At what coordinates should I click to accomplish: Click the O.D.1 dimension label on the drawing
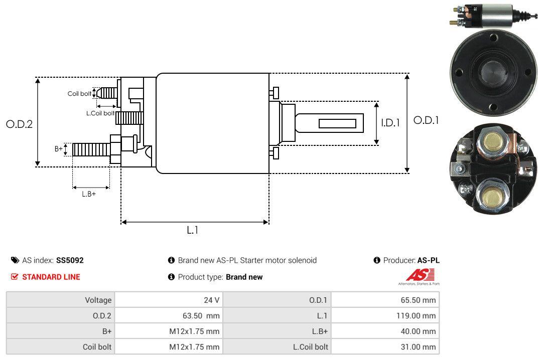(426, 120)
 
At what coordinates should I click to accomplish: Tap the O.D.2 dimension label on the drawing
(19, 124)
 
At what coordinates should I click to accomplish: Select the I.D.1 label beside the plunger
(390, 122)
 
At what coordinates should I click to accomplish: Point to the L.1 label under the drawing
(193, 230)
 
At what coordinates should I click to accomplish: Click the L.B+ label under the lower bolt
(89, 194)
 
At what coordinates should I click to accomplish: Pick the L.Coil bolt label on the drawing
(100, 113)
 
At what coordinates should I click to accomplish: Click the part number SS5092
(70, 260)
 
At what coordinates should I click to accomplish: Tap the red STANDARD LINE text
(51, 277)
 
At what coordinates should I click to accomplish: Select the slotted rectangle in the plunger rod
(338, 123)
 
